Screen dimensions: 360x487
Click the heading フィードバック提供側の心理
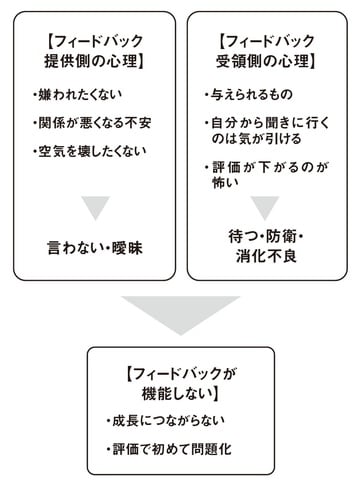[94, 51]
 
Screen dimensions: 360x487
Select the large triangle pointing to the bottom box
[180, 314]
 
